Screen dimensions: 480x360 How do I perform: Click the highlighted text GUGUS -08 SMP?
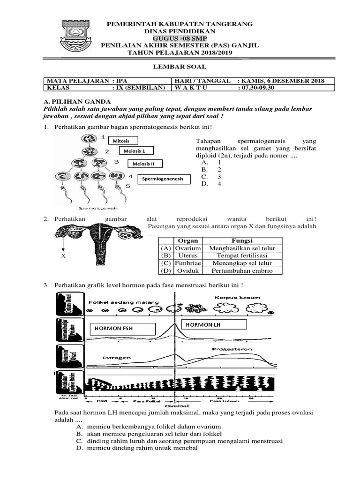tap(180, 38)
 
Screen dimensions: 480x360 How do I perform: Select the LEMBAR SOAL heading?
tap(180, 67)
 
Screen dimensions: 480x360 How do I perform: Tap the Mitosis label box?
tap(125, 141)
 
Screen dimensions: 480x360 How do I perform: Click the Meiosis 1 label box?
tap(138, 151)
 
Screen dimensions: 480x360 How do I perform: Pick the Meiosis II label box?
tap(146, 164)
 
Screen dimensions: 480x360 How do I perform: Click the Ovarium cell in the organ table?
tap(187, 248)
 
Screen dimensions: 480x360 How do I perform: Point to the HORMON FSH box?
tap(122, 329)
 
